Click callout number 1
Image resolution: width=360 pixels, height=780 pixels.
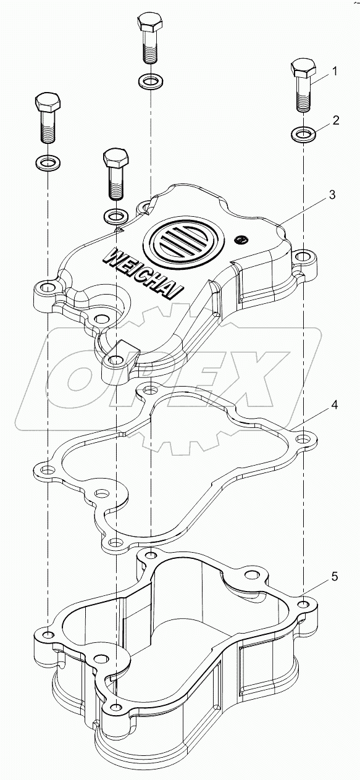[x=334, y=72]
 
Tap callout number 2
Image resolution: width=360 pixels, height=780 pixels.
[x=336, y=120]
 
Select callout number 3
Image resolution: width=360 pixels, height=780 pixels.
[x=332, y=195]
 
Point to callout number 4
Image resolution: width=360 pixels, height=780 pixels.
[x=334, y=405]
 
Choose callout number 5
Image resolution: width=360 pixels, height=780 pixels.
[x=334, y=577]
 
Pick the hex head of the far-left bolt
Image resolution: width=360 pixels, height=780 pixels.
[x=48, y=103]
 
